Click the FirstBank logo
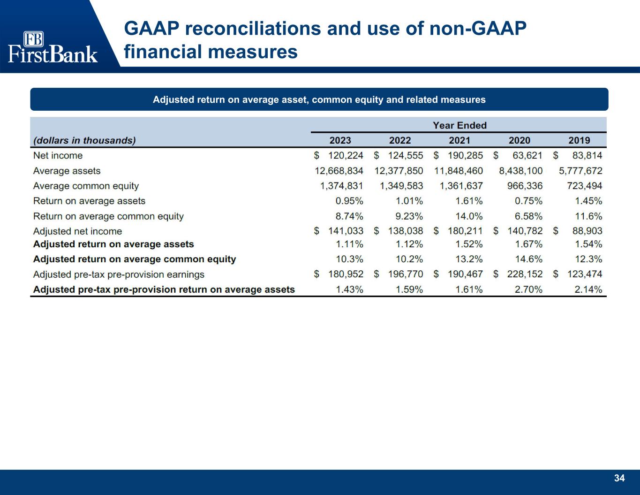(x=53, y=47)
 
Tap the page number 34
(x=619, y=478)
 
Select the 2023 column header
(x=340, y=140)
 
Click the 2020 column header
(x=520, y=140)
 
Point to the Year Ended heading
(x=460, y=126)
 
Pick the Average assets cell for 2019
(x=580, y=171)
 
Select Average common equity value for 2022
(x=401, y=186)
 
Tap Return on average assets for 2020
(x=528, y=201)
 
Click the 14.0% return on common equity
(x=469, y=216)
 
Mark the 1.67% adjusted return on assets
(x=528, y=244)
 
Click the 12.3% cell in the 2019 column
(x=588, y=259)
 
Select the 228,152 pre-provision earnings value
(x=525, y=274)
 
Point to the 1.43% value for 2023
(x=350, y=289)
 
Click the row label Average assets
(x=67, y=171)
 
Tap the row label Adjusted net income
(x=77, y=231)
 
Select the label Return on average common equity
(x=108, y=217)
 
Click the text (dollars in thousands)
(x=84, y=141)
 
